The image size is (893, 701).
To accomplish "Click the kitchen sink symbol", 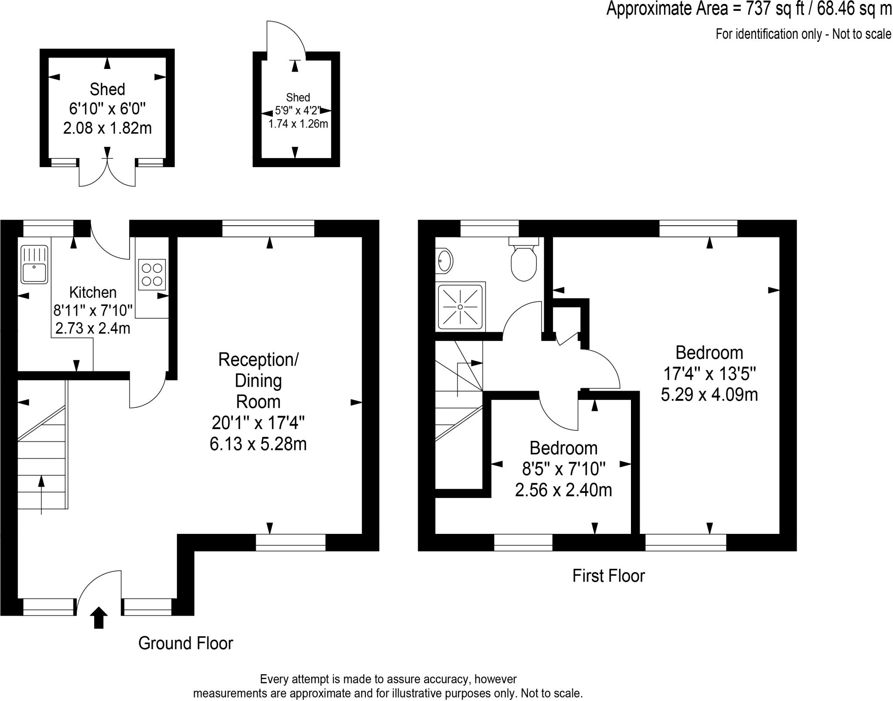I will click(x=34, y=265).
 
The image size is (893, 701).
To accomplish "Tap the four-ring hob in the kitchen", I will click(x=152, y=275).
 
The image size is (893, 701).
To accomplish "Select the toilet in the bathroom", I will click(x=523, y=261).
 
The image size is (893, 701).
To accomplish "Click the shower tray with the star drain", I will click(x=460, y=307).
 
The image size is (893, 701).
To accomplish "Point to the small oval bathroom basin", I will click(x=444, y=261).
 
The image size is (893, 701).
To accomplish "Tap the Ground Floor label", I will click(x=185, y=643).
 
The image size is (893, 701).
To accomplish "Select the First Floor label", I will click(x=608, y=576).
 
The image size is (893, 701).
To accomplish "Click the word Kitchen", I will click(x=93, y=292).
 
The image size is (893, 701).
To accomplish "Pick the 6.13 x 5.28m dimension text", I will click(x=258, y=444).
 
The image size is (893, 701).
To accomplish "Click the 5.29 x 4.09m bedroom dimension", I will click(x=709, y=395).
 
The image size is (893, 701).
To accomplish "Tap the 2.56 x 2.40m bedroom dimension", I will click(x=563, y=490).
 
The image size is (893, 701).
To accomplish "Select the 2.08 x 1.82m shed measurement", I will click(x=107, y=128).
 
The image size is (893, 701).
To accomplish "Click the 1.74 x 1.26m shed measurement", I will click(x=298, y=124).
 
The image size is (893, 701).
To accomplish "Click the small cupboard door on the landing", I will click(x=567, y=339).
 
